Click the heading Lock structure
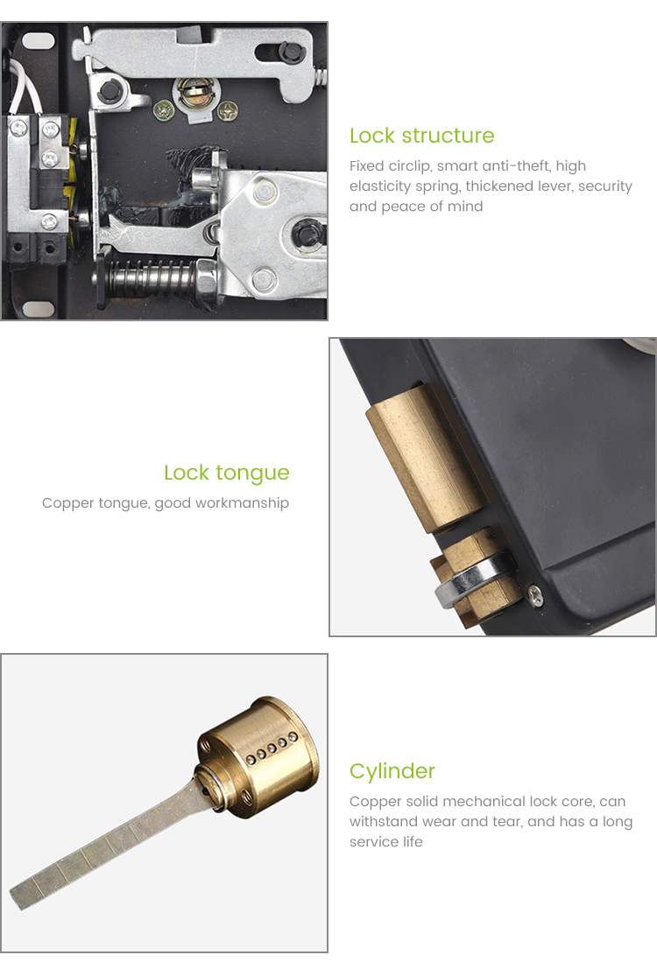(x=421, y=136)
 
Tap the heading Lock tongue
(x=226, y=473)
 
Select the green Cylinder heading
(x=392, y=771)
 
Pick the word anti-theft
(x=513, y=166)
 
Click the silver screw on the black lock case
(x=535, y=593)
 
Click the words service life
(x=385, y=842)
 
